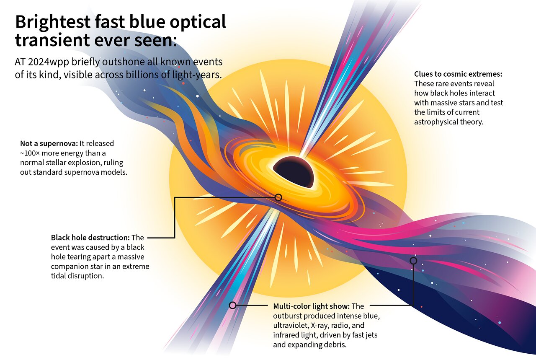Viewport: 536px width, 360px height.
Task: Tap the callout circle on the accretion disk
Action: point(278,197)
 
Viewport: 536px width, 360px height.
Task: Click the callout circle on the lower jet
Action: point(232,305)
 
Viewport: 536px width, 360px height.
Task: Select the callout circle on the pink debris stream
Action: point(413,261)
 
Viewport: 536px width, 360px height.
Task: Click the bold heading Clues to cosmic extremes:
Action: point(458,74)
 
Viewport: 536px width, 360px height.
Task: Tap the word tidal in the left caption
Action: point(59,276)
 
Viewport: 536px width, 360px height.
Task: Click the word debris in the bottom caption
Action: point(335,344)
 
